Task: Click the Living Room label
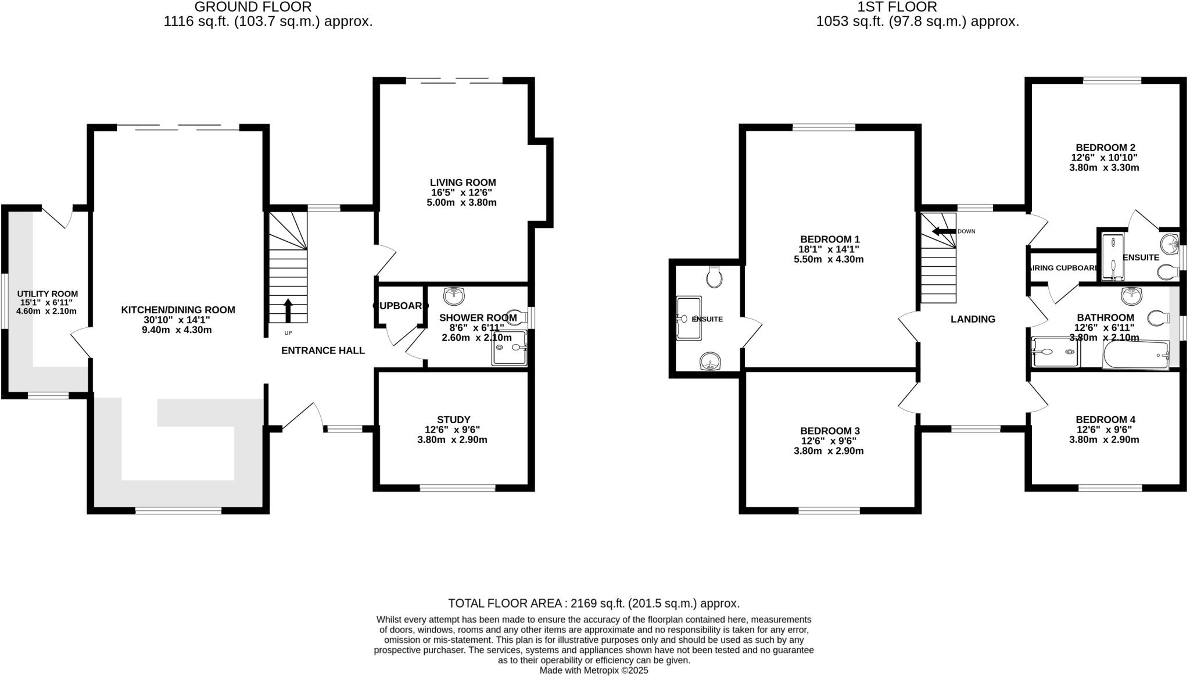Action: (463, 183)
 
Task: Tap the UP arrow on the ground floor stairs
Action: (288, 310)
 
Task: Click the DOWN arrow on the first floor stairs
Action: (944, 231)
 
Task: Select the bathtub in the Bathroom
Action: (1135, 355)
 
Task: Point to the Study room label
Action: (453, 420)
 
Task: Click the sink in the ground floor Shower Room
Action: (454, 296)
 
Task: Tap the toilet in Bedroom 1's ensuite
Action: (714, 277)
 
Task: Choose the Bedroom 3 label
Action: (829, 431)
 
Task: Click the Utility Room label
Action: (47, 294)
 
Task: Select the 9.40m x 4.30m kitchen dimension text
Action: (178, 330)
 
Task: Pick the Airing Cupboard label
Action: (1063, 268)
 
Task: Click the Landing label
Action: (973, 319)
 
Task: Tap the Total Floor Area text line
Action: (593, 603)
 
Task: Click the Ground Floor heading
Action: (253, 7)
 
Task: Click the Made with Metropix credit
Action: (593, 670)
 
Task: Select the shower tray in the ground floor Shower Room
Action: (509, 348)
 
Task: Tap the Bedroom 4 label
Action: (1105, 420)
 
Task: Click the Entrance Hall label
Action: (322, 350)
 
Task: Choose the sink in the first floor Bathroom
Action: (1131, 296)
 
